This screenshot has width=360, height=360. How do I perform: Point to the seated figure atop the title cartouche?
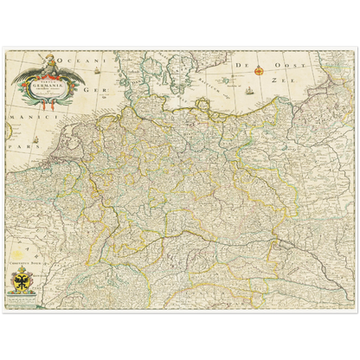tap(49, 61)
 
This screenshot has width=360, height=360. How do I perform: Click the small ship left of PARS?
tap(9, 134)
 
